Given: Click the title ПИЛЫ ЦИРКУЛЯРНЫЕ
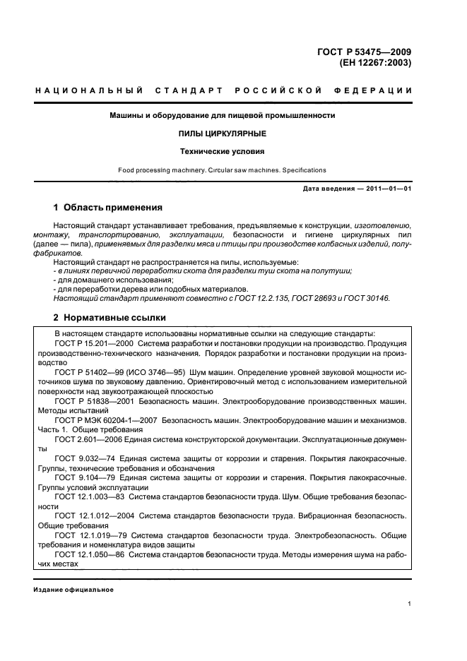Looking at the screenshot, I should tap(222, 133).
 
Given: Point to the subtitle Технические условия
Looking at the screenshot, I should tap(222, 151).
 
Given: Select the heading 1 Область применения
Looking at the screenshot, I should tap(108, 208).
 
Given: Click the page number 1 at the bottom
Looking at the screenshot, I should tap(410, 604).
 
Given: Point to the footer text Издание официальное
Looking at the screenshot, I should tap(73, 590).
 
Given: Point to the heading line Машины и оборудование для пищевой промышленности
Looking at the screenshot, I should tap(222, 115).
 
